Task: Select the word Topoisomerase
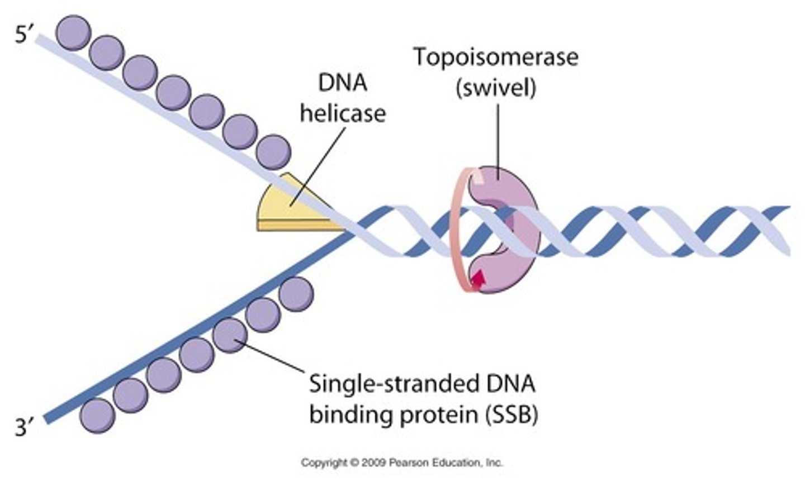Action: tap(495, 58)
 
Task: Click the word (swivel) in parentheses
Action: tap(496, 88)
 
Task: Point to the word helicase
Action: tap(343, 113)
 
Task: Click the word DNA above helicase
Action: tap(343, 83)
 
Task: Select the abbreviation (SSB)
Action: tap(511, 415)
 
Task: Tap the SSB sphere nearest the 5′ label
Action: tap(74, 32)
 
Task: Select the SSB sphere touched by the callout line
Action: tap(230, 335)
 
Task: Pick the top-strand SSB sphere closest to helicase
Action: tap(273, 152)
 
